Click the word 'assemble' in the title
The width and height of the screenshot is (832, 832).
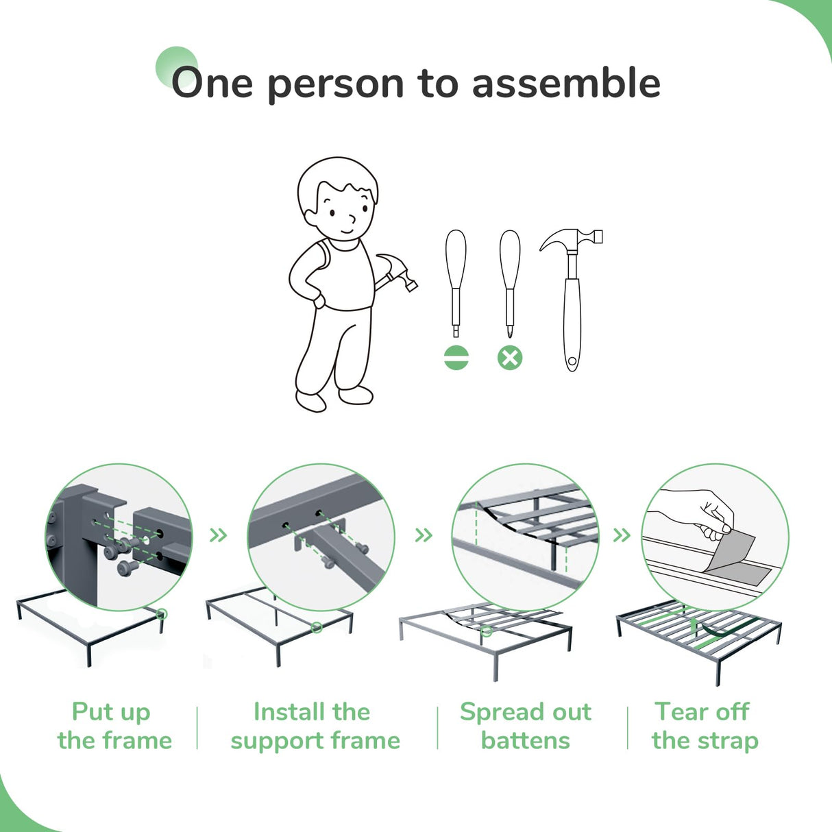click(566, 84)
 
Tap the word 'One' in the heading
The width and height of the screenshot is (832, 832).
click(212, 84)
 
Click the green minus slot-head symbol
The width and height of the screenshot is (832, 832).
click(456, 358)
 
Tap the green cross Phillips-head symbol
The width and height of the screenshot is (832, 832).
click(510, 358)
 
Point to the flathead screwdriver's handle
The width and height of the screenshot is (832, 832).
click(456, 259)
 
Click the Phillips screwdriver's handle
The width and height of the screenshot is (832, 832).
click(510, 259)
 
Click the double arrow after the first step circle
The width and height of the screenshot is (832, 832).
click(218, 535)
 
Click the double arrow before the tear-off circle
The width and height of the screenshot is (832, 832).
click(622, 535)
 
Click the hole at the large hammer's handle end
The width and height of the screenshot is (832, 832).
click(572, 361)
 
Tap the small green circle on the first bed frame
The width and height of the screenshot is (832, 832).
click(162, 613)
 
